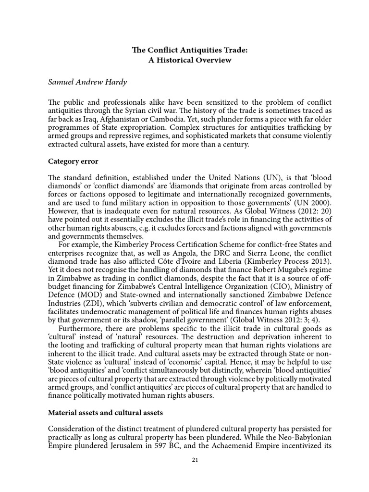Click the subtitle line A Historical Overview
[x=184, y=61]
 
